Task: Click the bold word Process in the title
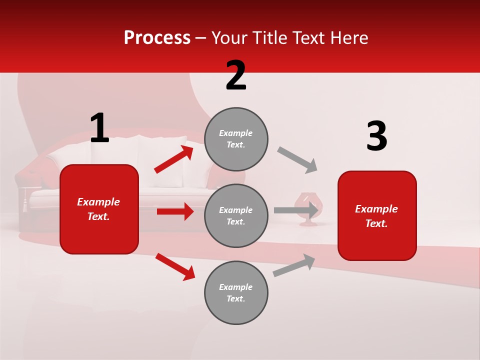pos(157,38)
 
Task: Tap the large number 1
pos(99,128)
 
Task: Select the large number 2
pos(236,75)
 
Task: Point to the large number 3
pos(376,136)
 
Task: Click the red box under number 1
pos(99,209)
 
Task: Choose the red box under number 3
pos(377,215)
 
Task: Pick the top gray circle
pos(236,139)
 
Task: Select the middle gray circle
pos(236,215)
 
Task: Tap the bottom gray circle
pos(236,292)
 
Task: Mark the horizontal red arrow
pos(175,211)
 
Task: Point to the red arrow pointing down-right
pos(175,266)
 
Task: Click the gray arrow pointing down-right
pos(297,160)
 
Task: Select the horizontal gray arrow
pos(295,210)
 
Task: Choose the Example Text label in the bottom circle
pos(236,292)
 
